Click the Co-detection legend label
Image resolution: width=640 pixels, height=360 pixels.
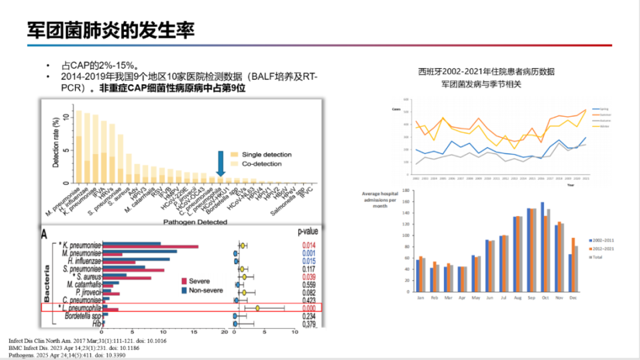click(x=267, y=163)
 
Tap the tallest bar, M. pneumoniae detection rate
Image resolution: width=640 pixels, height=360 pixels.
click(x=79, y=146)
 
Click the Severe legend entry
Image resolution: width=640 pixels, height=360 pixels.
click(x=196, y=281)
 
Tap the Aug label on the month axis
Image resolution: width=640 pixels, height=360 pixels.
click(x=517, y=297)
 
